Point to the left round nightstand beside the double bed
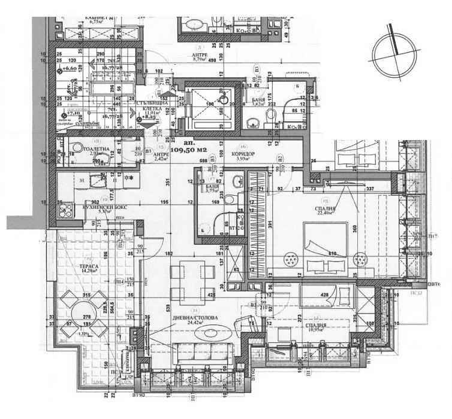(292, 259)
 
